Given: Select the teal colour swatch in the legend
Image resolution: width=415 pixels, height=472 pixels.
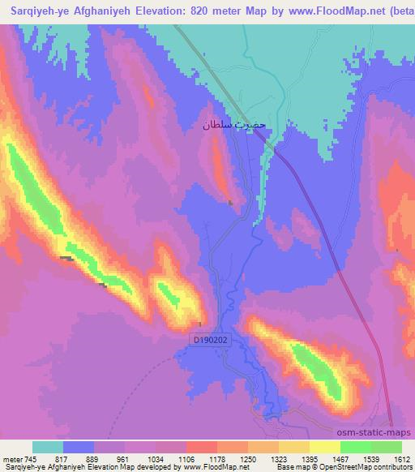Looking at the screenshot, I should click(48, 447).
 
